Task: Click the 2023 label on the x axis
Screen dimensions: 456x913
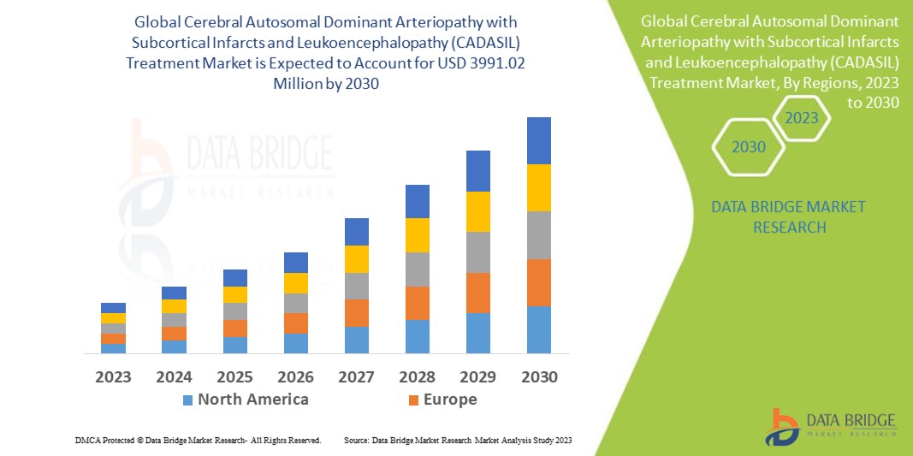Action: (x=113, y=376)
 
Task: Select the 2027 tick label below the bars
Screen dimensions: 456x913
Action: (x=357, y=376)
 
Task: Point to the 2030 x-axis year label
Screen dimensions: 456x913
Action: (x=539, y=376)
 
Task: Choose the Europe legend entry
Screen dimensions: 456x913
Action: (x=442, y=400)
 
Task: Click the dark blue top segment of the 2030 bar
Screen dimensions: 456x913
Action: (x=539, y=140)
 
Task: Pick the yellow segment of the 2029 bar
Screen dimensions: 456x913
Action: (x=478, y=211)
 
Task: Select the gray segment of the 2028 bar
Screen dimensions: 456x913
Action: (x=418, y=269)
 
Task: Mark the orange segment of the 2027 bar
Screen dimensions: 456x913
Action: (x=357, y=312)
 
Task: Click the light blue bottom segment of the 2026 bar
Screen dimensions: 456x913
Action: (x=296, y=343)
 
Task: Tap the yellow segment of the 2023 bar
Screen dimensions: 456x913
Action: (x=113, y=318)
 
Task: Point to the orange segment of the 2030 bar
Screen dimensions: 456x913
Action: (x=539, y=282)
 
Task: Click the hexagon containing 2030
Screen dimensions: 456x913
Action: (x=749, y=147)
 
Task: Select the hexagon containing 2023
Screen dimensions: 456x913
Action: (x=802, y=118)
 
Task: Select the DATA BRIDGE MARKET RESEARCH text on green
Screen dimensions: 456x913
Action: (x=788, y=217)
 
